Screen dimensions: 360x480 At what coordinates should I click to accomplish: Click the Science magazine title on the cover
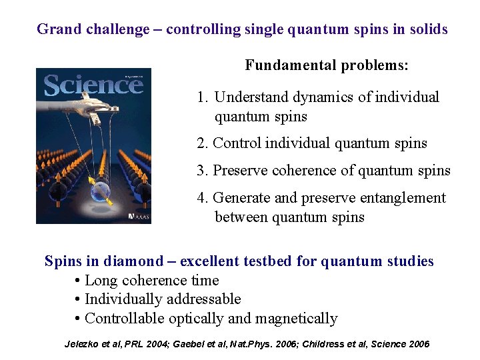(93, 85)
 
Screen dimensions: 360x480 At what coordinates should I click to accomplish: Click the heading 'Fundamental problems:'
(327, 65)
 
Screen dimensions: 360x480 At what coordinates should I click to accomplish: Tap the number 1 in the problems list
(201, 97)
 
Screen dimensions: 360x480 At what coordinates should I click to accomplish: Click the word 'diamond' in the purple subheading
(137, 261)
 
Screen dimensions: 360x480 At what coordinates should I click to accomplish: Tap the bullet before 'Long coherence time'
(78, 281)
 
